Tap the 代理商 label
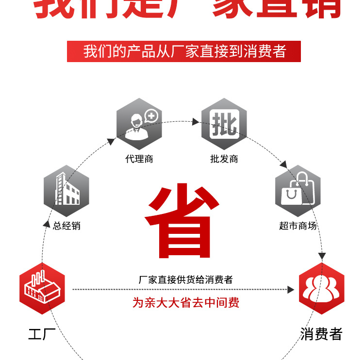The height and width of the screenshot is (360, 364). point(139,159)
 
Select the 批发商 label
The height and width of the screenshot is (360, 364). point(224,159)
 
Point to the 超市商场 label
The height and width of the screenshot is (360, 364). point(298,226)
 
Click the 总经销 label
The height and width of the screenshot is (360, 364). point(66,226)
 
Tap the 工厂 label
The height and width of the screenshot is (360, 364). point(42,334)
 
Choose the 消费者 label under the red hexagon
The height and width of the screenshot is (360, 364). point(321,334)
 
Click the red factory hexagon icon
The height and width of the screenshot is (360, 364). point(42,289)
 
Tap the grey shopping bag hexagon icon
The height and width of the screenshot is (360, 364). point(298,191)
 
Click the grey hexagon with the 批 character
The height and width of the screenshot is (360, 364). point(224,124)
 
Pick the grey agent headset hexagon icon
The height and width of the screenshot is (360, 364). point(139,124)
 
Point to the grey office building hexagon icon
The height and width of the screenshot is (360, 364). point(66,191)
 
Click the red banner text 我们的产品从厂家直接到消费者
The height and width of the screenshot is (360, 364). point(184,51)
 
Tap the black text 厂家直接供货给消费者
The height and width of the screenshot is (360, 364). point(185,279)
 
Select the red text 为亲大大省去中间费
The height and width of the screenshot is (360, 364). point(186,303)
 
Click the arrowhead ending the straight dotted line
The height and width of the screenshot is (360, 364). point(291,290)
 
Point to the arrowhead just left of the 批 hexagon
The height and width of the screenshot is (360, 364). point(197,121)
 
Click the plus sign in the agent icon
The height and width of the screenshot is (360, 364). point(152,115)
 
